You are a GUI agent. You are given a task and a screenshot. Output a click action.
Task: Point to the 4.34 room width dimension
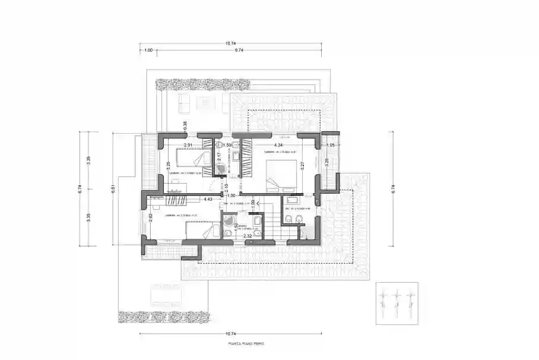pos(278,145)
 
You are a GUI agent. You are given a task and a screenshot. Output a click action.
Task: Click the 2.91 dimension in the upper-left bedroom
pos(188,145)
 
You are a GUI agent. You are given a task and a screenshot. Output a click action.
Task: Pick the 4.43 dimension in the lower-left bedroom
pos(208,200)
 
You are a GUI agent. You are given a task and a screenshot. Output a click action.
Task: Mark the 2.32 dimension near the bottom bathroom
pos(248,236)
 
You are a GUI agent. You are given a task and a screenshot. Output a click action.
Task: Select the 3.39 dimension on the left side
pos(88,160)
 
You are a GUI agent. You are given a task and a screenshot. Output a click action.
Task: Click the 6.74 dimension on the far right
pos(392,189)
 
